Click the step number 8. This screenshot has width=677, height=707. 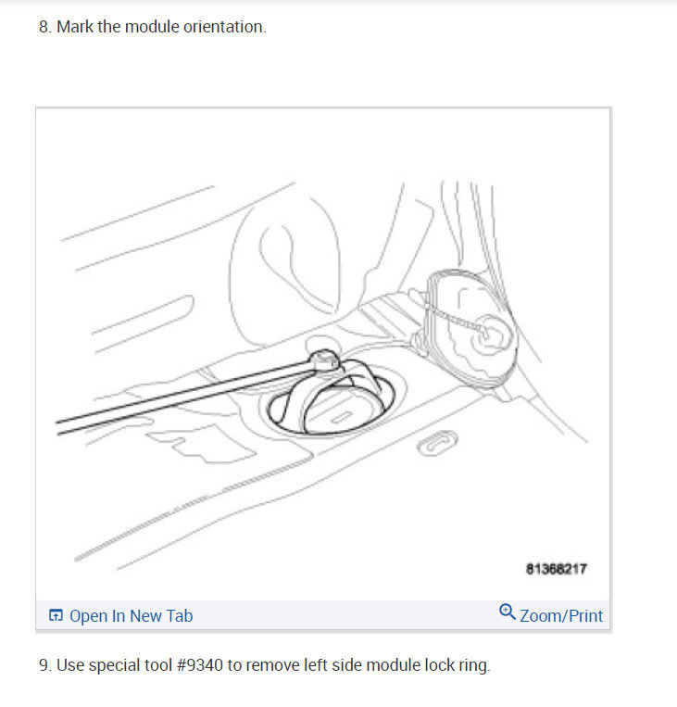(x=44, y=27)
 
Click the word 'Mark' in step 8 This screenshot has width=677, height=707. (x=75, y=27)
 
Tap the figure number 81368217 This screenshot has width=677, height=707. (x=556, y=568)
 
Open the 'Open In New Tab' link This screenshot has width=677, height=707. (x=131, y=615)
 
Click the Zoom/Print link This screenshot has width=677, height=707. (x=560, y=615)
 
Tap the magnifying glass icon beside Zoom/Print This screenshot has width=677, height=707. (x=507, y=612)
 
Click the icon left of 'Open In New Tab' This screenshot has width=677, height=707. (x=56, y=615)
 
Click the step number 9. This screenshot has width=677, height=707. (x=44, y=665)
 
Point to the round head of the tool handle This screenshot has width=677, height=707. (x=323, y=357)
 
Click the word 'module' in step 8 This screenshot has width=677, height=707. (x=123, y=27)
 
